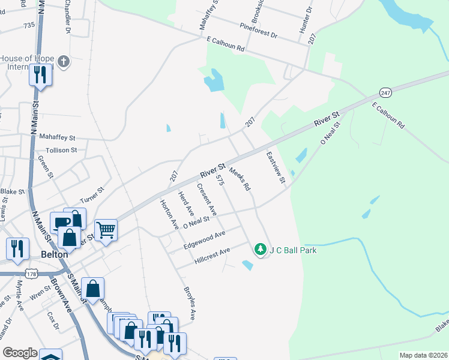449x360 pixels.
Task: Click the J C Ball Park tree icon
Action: pyautogui.click(x=260, y=248)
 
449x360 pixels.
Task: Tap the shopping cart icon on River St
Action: pyautogui.click(x=106, y=229)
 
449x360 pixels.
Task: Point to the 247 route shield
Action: pyautogui.click(x=385, y=93)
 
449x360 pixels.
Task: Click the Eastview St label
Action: pyautogui.click(x=276, y=168)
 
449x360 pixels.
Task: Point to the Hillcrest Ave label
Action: pyautogui.click(x=212, y=257)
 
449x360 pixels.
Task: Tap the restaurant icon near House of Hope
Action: pyautogui.click(x=40, y=74)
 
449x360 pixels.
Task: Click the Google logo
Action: pyautogui.click(x=20, y=353)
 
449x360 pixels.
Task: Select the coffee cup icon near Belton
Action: pyautogui.click(x=61, y=222)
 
